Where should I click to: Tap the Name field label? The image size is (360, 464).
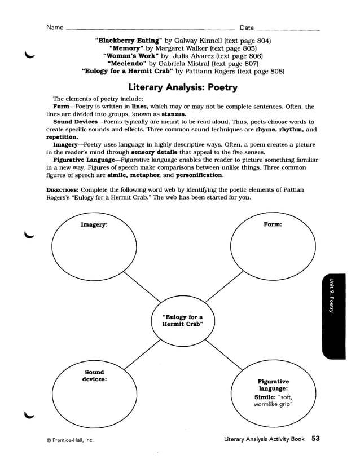[54, 28]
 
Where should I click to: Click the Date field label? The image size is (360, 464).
[247, 28]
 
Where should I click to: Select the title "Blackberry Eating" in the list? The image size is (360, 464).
[129, 41]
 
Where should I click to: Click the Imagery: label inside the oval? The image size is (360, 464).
[94, 224]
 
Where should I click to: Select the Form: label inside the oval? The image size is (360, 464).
[273, 224]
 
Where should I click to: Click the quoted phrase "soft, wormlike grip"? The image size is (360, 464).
[274, 401]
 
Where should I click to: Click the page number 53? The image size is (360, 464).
[315, 439]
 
